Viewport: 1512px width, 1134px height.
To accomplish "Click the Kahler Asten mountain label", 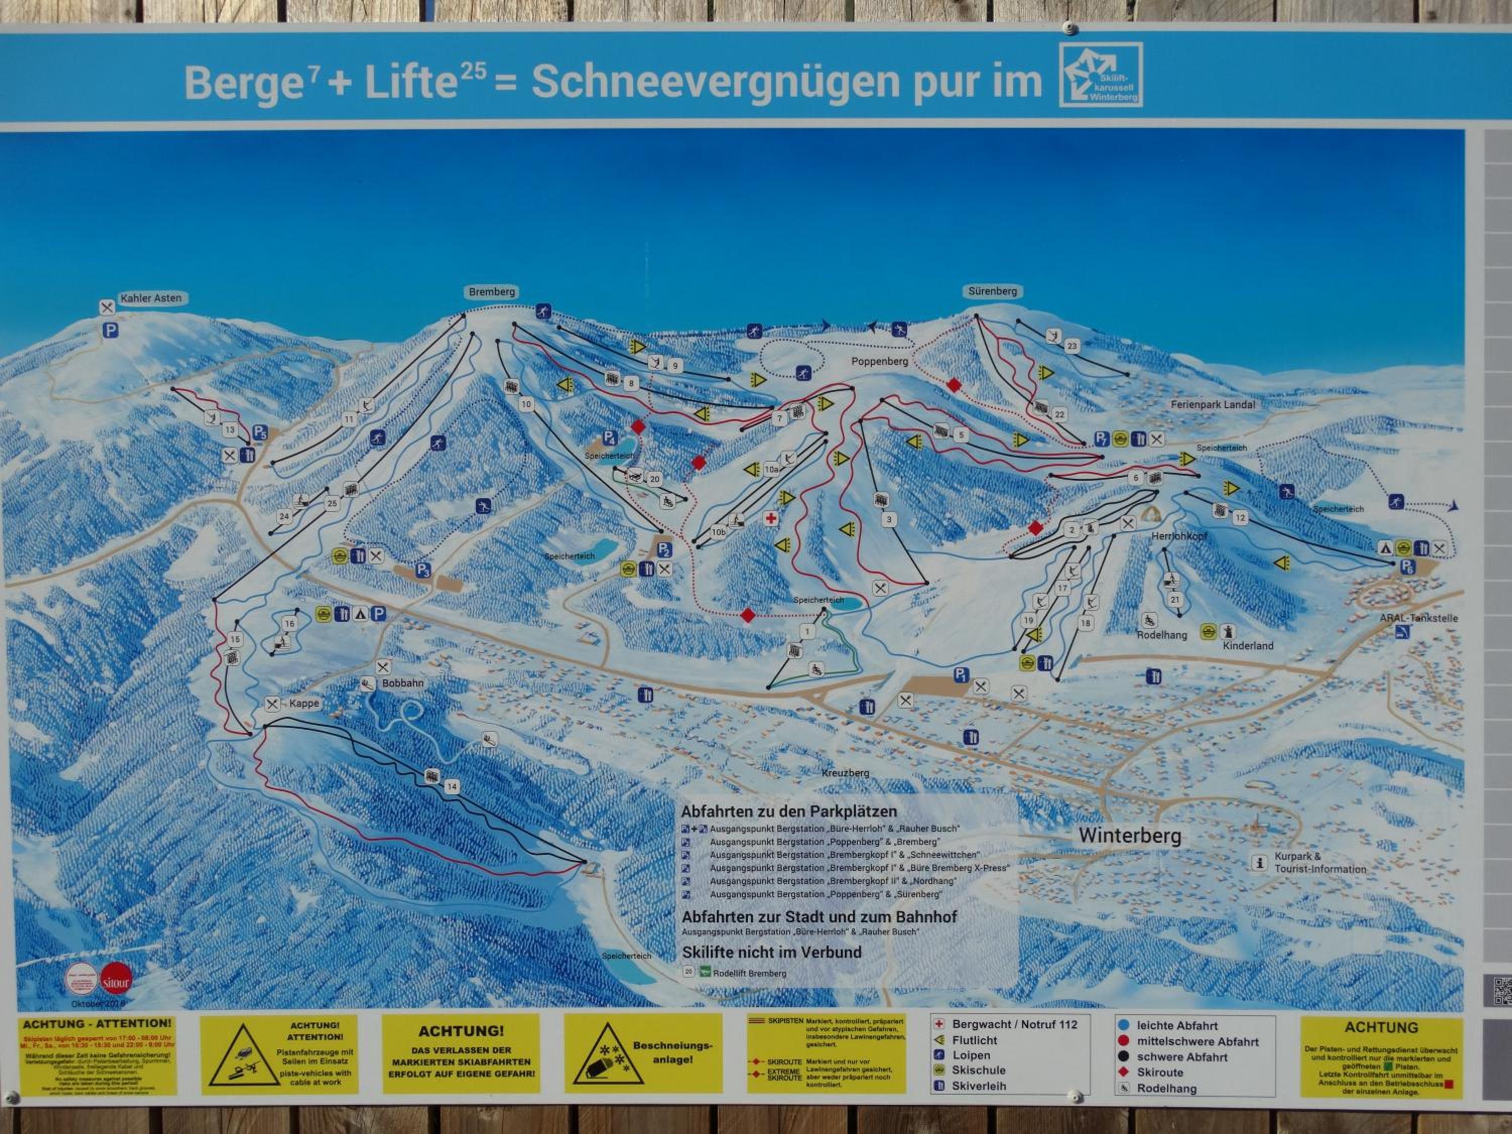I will (x=151, y=298).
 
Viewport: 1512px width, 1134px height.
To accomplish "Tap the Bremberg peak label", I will (x=491, y=292).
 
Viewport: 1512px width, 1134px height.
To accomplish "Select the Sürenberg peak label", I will (x=992, y=291).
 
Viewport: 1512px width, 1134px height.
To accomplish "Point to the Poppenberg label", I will (x=879, y=361).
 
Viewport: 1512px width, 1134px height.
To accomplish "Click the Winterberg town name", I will (x=1130, y=835).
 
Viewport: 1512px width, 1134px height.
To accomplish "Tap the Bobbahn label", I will (x=403, y=683).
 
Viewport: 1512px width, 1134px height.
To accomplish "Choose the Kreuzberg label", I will (x=846, y=773).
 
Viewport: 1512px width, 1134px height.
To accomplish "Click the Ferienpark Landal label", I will (x=1213, y=405).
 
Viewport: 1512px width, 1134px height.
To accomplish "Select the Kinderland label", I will (x=1247, y=645).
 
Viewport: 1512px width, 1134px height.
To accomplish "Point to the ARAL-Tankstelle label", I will (x=1418, y=618).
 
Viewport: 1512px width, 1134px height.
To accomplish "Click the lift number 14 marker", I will (x=451, y=787).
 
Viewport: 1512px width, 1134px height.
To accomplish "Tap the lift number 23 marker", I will (x=1072, y=347).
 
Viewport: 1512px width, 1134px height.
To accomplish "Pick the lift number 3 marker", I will (x=889, y=520).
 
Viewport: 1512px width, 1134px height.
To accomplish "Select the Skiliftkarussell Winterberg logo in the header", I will (x=1101, y=75).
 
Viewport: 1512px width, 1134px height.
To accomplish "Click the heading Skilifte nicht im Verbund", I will (x=772, y=952).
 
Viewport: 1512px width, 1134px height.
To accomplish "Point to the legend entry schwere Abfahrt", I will (x=1182, y=1057).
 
